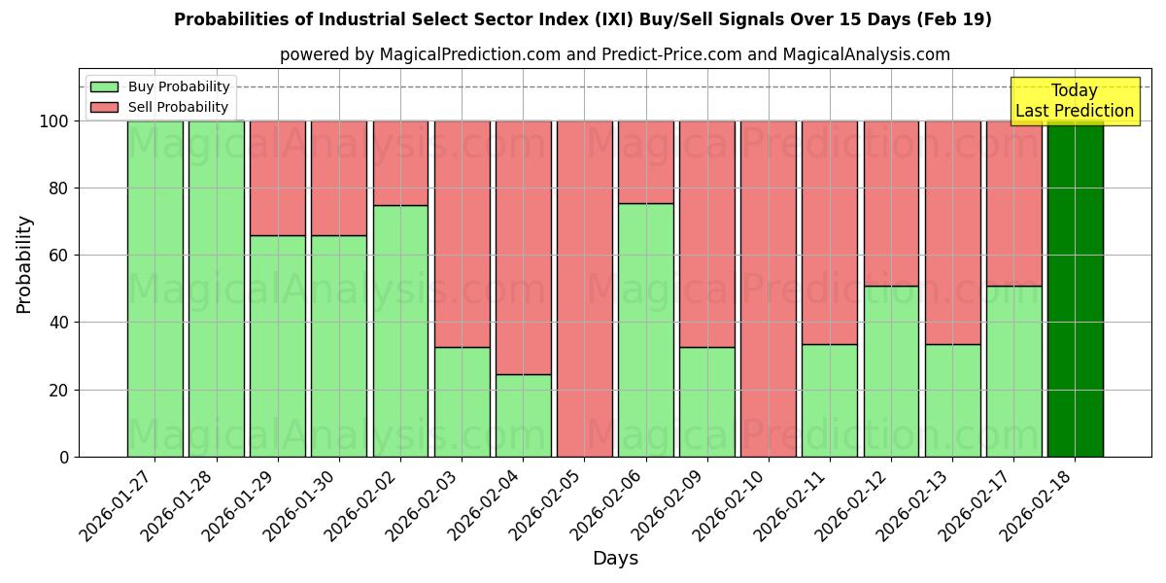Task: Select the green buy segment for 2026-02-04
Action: click(523, 415)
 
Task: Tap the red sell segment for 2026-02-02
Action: click(400, 162)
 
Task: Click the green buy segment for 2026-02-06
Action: click(645, 329)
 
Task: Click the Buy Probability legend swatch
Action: click(104, 86)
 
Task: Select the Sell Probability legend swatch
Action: click(104, 107)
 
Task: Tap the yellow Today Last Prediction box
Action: click(1074, 101)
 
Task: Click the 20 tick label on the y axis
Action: click(61, 390)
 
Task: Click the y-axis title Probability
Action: click(24, 263)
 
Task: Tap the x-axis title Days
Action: click(615, 559)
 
